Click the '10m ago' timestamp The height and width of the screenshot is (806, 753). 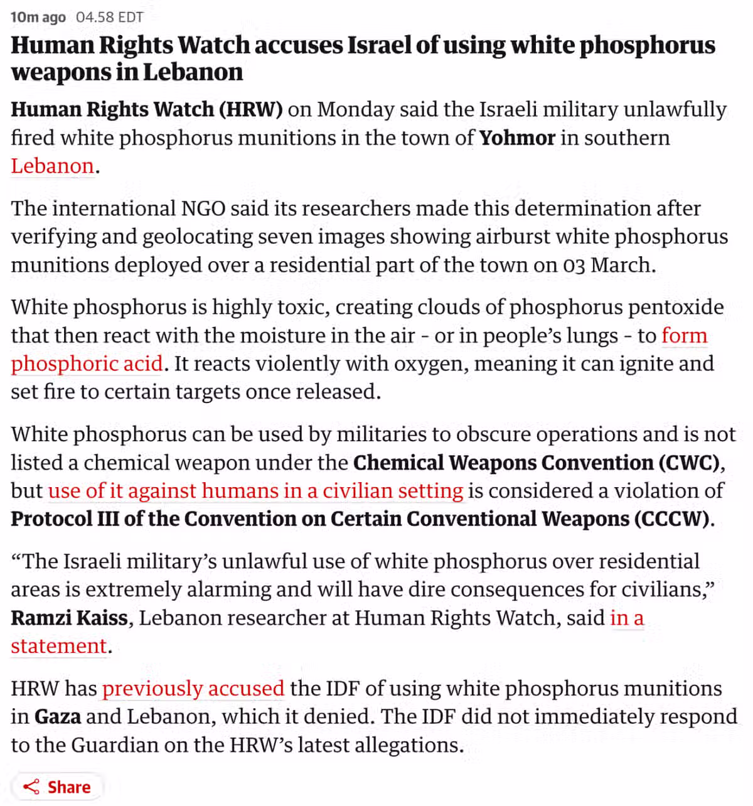[38, 17]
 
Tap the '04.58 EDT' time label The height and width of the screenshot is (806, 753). [110, 17]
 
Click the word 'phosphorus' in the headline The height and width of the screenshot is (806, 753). [647, 46]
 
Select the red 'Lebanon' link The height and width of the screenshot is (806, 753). [52, 166]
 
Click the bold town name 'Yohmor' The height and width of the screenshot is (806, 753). [517, 137]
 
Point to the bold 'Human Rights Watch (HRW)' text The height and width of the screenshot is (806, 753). [146, 109]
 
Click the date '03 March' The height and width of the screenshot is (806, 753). [607, 265]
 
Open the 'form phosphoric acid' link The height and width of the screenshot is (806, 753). [87, 363]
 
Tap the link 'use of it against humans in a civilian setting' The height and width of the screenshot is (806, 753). [255, 490]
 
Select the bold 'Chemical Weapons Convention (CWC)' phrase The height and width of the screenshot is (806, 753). [537, 463]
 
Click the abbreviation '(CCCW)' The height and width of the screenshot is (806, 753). [671, 519]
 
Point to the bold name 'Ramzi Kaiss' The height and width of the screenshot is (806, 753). [69, 618]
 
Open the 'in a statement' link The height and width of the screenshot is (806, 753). [59, 646]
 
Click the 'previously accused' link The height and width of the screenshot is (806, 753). [193, 689]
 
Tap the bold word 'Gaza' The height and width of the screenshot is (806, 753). [57, 717]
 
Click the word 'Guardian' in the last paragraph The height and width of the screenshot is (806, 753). [115, 745]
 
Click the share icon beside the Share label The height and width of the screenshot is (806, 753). [30, 787]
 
